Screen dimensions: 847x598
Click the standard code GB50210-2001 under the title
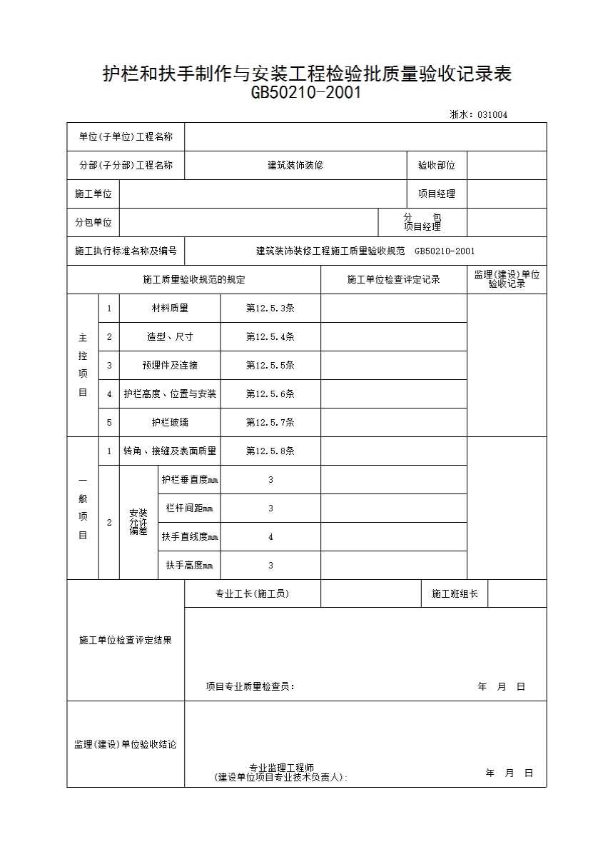click(306, 93)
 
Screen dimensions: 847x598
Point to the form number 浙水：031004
click(478, 114)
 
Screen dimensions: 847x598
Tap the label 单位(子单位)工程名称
click(126, 136)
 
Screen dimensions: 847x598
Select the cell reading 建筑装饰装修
click(295, 165)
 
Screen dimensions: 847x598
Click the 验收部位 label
click(436, 165)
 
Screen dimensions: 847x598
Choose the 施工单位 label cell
click(93, 194)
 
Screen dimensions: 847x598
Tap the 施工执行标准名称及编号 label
click(126, 251)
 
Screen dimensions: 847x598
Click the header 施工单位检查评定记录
click(393, 279)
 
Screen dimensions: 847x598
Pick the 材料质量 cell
click(170, 308)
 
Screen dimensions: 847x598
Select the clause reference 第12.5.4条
click(270, 336)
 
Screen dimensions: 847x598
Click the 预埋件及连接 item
click(170, 365)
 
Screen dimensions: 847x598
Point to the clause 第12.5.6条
click(270, 394)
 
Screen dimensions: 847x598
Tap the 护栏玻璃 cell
click(170, 422)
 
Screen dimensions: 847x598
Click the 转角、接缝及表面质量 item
click(170, 451)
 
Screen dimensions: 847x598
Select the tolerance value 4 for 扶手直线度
click(270, 536)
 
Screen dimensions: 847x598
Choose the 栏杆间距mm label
click(189, 508)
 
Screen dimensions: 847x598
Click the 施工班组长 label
click(455, 593)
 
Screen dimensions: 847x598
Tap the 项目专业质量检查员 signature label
click(250, 686)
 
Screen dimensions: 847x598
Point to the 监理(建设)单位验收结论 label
click(126, 744)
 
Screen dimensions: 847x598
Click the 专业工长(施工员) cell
click(252, 593)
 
